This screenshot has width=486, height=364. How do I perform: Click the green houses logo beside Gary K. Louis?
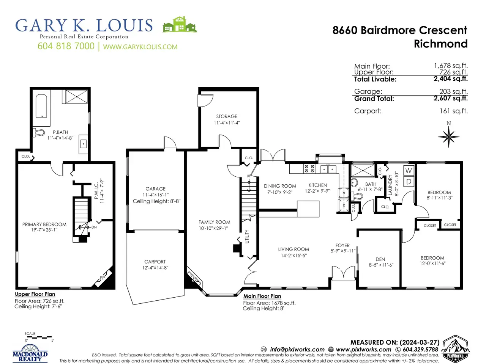180,25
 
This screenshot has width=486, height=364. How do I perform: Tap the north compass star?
448,137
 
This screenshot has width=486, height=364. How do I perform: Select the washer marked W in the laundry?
409,170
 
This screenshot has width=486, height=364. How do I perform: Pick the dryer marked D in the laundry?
409,182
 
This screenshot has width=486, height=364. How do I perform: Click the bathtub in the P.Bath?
41,106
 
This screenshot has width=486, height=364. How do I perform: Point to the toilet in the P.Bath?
38,133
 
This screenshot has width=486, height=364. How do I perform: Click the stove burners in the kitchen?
309,169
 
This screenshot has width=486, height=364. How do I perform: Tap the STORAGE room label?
227,116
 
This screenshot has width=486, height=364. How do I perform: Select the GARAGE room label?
155,189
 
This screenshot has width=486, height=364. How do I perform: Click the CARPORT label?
155,262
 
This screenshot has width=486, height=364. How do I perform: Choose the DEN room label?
380,259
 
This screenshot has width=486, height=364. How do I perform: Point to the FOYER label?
342,245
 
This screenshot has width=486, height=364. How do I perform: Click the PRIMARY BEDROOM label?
44,224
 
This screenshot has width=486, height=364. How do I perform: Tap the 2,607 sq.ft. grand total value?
451,98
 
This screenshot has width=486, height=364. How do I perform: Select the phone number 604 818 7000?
66,46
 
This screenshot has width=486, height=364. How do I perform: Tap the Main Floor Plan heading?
262,296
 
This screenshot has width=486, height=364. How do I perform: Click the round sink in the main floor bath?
355,182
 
